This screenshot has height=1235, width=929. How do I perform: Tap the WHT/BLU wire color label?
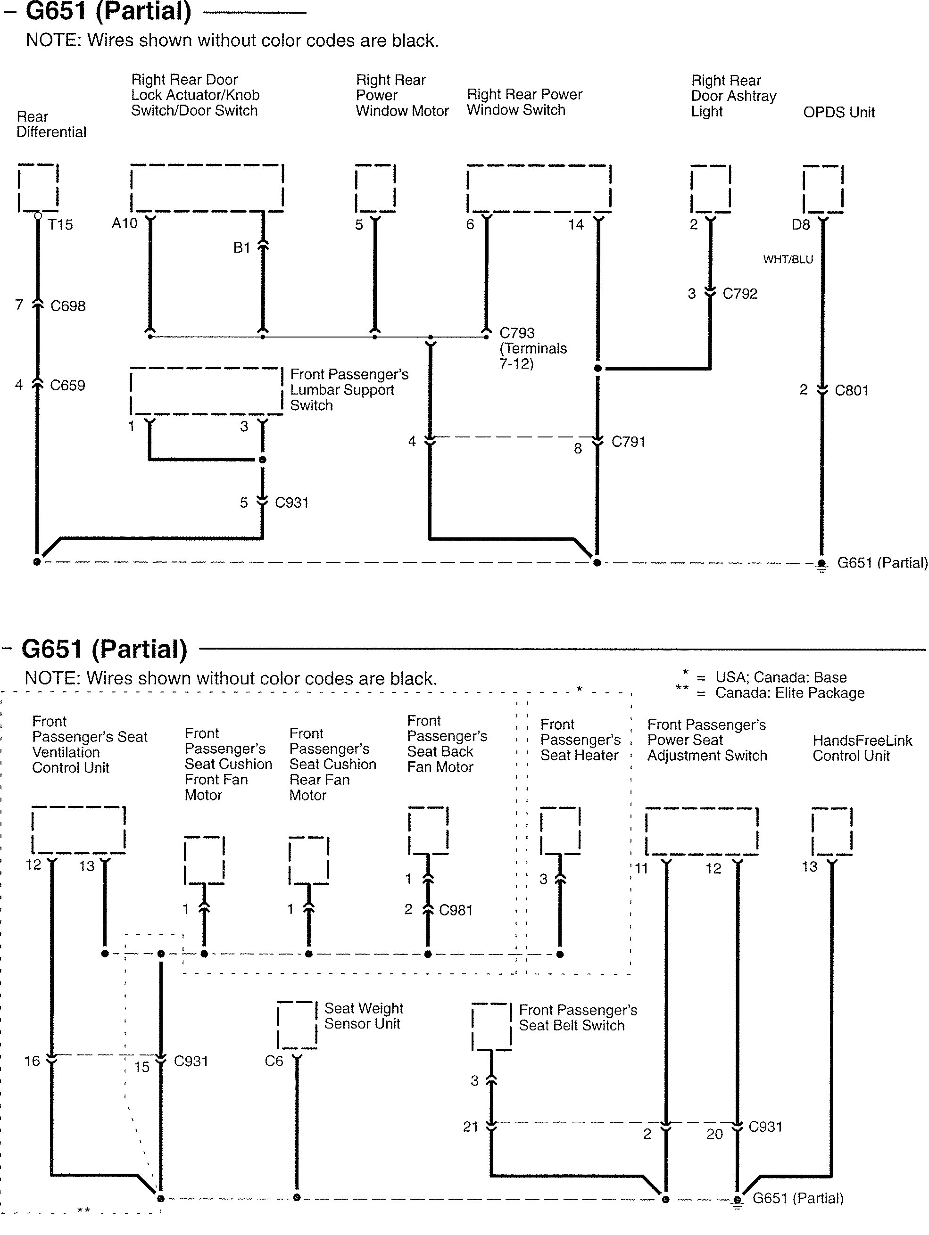(x=788, y=259)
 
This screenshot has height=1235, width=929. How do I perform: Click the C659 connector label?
(x=67, y=385)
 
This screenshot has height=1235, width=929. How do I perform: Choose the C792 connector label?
(x=740, y=294)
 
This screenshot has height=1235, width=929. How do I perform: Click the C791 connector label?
(x=629, y=442)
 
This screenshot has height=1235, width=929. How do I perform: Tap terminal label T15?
(x=60, y=224)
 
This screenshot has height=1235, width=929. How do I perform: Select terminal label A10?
(x=124, y=223)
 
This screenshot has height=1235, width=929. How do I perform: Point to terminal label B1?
(x=242, y=248)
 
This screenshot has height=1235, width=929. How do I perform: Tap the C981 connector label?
(x=456, y=910)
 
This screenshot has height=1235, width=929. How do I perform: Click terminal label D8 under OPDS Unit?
(x=801, y=224)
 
